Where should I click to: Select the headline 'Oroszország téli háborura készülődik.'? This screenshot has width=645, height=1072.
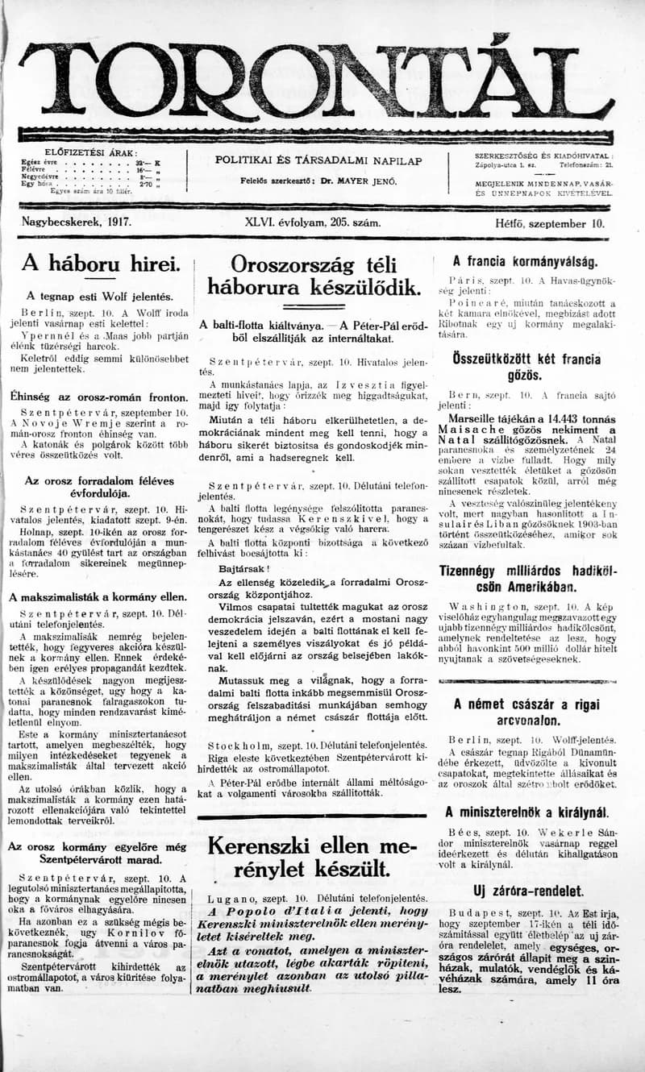[x=314, y=276]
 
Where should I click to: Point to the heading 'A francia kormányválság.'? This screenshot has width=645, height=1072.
[x=525, y=261]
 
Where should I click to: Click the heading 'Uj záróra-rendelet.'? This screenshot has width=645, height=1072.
[x=528, y=891]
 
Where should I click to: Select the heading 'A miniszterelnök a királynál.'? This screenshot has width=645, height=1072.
[x=527, y=812]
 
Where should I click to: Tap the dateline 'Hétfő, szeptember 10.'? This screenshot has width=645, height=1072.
[x=550, y=224]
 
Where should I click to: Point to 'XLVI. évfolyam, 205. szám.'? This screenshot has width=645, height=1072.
[x=313, y=224]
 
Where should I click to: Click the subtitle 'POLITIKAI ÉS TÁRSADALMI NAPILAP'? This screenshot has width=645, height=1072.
[x=318, y=161]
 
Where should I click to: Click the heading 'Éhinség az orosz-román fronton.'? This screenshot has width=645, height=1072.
[x=98, y=397]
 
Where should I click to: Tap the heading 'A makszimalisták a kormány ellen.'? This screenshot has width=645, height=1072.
[x=98, y=597]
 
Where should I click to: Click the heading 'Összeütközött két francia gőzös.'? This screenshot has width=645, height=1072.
[x=525, y=365]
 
